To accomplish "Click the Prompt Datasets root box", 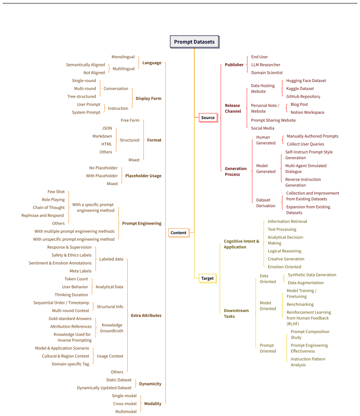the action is tap(194, 42).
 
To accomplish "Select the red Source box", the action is tap(208, 117).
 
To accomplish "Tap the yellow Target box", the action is tap(208, 278).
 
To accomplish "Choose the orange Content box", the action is tap(179, 233).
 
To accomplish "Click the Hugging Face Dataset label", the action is tap(306, 81).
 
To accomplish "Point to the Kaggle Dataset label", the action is tap(300, 89).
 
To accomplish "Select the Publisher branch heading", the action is tap(234, 65).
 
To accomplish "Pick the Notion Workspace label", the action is tap(307, 113).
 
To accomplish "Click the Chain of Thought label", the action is tap(49, 208).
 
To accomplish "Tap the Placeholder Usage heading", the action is tap(143, 176).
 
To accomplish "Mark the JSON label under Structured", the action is tap(107, 128).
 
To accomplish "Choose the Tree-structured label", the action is tap(81, 96).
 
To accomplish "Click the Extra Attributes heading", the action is tap(146, 316).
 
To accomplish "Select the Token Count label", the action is tap(76, 279).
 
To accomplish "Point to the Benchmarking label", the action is tap(300, 304).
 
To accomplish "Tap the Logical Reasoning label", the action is tap(284, 251).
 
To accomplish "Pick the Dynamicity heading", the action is tap(150, 384).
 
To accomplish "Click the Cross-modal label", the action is tap(125, 404).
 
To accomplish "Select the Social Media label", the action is tap(262, 128).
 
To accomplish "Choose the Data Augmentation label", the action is tap(306, 283).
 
